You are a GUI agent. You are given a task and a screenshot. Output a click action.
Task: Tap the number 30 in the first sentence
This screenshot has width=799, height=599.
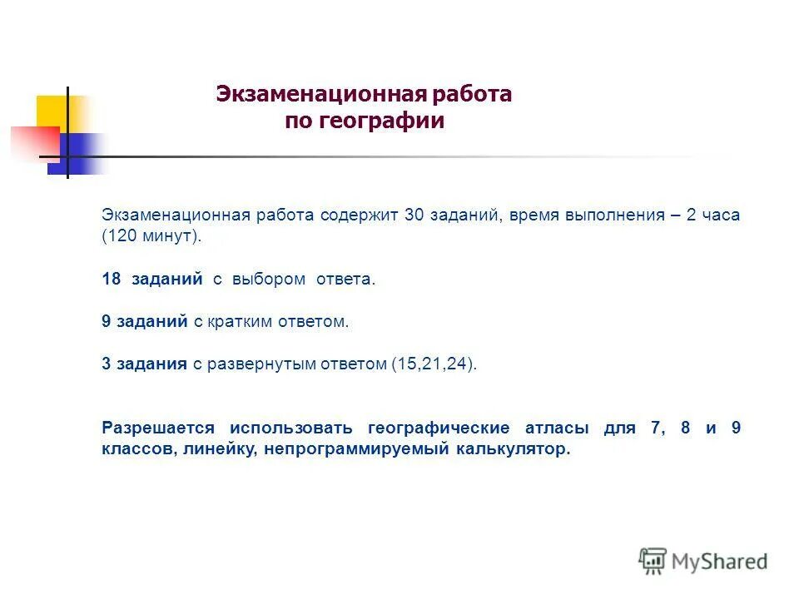(x=414, y=215)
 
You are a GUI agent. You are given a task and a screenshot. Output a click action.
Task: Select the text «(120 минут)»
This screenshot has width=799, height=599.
(x=151, y=236)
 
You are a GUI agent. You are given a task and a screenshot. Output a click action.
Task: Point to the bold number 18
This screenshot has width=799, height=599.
(x=112, y=280)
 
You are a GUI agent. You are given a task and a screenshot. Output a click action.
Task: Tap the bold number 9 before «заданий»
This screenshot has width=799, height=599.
(x=106, y=322)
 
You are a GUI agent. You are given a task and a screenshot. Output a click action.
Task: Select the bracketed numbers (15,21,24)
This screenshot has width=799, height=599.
(x=434, y=364)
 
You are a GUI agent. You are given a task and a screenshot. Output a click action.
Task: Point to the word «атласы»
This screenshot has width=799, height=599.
(x=557, y=428)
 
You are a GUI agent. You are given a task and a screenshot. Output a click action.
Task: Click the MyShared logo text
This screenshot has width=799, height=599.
(x=719, y=562)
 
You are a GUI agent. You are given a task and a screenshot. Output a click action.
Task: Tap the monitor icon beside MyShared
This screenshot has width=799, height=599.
(x=653, y=561)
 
